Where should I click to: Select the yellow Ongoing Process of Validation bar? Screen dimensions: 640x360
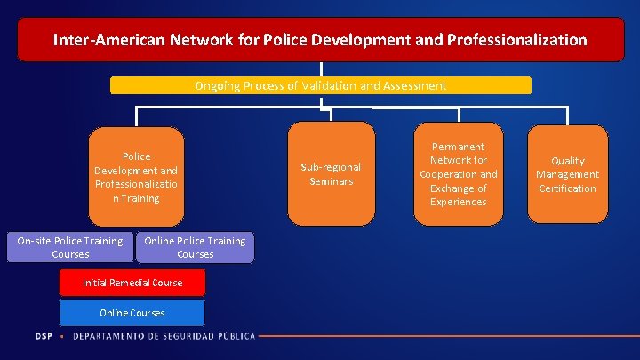[321, 85]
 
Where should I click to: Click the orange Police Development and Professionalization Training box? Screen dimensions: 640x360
[136, 177]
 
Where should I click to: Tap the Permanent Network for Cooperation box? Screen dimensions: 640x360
[458, 174]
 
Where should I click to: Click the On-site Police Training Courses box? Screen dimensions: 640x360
[70, 247]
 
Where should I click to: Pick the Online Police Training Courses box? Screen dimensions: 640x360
[195, 247]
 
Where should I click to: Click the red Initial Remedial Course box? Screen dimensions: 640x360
[132, 283]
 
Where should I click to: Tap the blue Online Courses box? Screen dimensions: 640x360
[132, 313]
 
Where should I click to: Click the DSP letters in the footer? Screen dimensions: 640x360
[44, 336]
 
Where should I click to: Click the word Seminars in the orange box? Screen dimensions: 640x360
[331, 181]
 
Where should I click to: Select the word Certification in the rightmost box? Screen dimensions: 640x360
[567, 188]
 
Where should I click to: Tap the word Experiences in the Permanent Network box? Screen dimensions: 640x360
[458, 203]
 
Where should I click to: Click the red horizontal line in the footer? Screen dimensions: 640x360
[444, 336]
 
